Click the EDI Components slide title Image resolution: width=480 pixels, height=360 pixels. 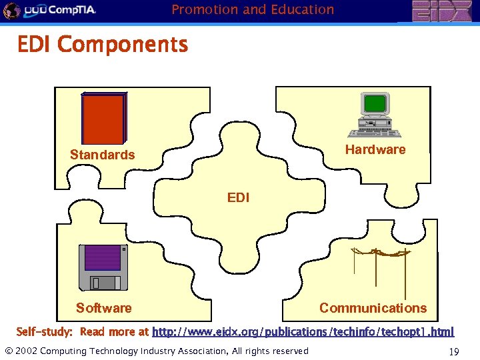[x=103, y=45]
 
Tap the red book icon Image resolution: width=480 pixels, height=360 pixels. [x=103, y=118]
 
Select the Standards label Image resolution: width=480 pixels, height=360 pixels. [x=102, y=155]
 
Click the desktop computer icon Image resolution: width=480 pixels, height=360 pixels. [x=375, y=114]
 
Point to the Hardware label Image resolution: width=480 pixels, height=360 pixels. [x=375, y=149]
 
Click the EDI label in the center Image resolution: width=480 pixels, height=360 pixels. [x=238, y=197]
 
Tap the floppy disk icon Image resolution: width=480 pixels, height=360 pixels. [x=102, y=267]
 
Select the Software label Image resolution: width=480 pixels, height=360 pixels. [x=103, y=308]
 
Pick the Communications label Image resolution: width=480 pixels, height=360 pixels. [x=373, y=308]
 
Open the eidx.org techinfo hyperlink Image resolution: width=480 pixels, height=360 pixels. [x=303, y=331]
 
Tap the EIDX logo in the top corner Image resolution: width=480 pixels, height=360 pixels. [x=439, y=11]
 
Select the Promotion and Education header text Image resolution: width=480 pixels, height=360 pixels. [x=253, y=9]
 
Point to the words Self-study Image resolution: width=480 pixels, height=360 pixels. [x=44, y=331]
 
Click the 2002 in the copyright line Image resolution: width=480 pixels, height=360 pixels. [x=27, y=351]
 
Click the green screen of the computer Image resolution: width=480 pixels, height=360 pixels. [x=375, y=104]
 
